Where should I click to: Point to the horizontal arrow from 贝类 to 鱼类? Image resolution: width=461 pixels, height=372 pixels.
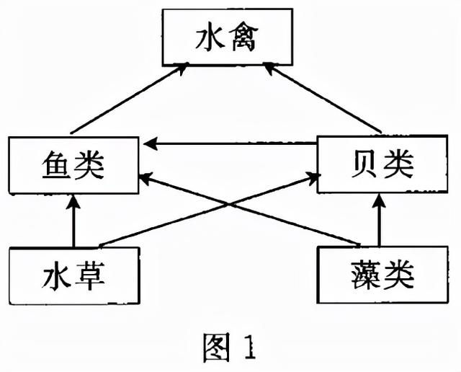coord(230,144)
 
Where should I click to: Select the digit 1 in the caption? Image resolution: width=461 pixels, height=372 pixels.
coord(247,347)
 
